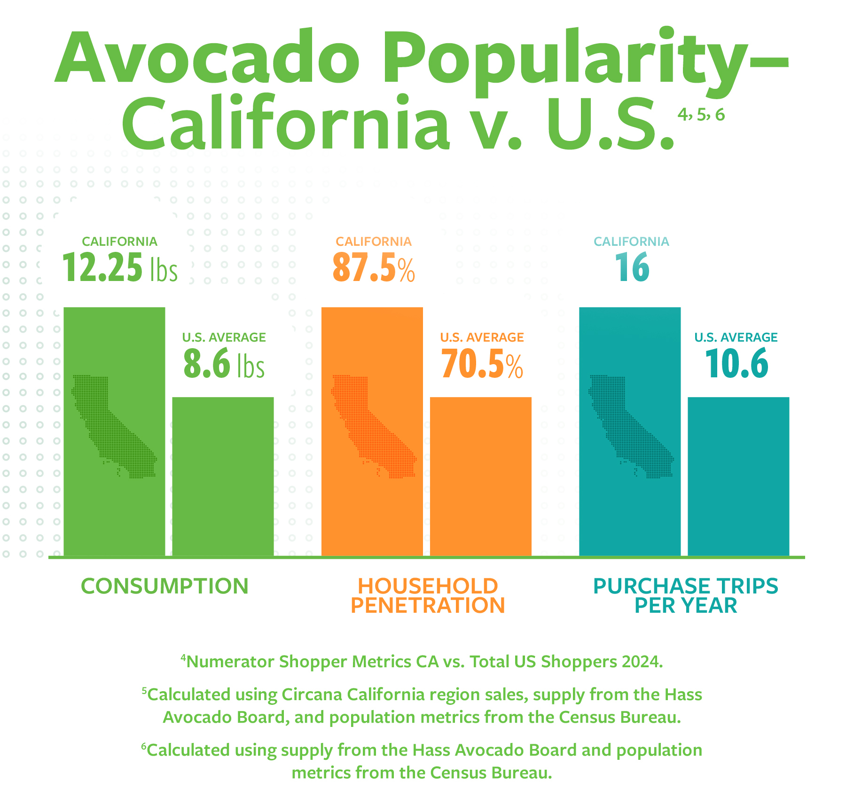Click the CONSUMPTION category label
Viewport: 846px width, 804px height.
pyautogui.click(x=164, y=586)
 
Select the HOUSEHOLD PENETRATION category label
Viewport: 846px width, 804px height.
pyautogui.click(x=428, y=596)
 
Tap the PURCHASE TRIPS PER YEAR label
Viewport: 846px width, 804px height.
pyautogui.click(x=686, y=596)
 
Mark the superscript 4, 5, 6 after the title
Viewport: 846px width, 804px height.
pyautogui.click(x=701, y=115)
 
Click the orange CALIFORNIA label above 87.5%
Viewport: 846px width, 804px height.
pyautogui.click(x=373, y=242)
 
